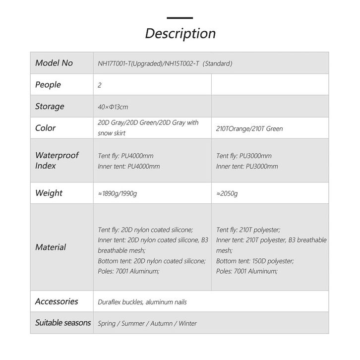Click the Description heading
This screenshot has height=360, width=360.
click(x=180, y=33)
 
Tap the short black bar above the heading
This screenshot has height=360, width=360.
click(x=180, y=18)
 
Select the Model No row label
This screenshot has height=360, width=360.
click(x=54, y=63)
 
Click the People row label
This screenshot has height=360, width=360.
click(x=48, y=85)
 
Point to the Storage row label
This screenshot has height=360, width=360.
click(x=50, y=106)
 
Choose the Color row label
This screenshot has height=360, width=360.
click(x=46, y=128)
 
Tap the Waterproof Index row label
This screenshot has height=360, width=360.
click(x=57, y=160)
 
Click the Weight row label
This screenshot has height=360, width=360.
click(x=49, y=193)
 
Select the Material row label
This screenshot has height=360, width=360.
click(x=51, y=247)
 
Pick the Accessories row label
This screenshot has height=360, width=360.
click(x=57, y=301)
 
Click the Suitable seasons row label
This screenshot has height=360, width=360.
click(x=63, y=323)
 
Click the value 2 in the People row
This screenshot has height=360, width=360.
click(x=100, y=85)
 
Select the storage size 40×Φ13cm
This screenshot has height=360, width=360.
click(x=114, y=107)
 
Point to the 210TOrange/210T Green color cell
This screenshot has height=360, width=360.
click(x=249, y=129)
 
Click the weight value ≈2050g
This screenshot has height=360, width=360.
click(x=227, y=193)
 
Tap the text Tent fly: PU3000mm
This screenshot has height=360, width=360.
click(x=244, y=156)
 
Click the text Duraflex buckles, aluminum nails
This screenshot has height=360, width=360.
click(x=142, y=302)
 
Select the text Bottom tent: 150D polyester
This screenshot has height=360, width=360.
click(x=255, y=261)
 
